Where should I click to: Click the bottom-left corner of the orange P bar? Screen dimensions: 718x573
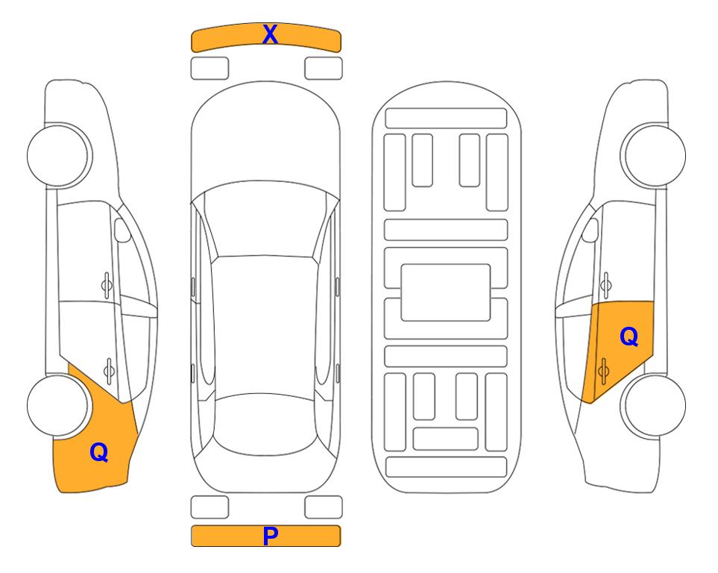tap(192, 546)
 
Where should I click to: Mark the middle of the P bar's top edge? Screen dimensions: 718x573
tap(266, 526)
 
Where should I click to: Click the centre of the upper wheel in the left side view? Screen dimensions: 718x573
tap(58, 156)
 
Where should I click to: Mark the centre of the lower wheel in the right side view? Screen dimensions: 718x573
tap(655, 406)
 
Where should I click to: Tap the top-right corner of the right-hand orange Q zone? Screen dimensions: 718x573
tap(653, 301)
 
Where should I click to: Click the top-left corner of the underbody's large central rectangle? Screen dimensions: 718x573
tap(401, 264)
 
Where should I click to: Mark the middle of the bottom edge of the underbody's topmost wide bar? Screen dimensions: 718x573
tap(446, 128)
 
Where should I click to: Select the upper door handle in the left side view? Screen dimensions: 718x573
tap(107, 286)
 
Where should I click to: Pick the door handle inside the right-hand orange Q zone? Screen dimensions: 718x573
tap(603, 371)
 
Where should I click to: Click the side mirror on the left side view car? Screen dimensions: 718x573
tap(122, 230)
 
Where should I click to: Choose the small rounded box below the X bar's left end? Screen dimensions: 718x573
tap(210, 69)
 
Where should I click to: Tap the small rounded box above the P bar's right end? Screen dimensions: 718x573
tap(324, 507)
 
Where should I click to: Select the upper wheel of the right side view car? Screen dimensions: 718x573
tap(655, 156)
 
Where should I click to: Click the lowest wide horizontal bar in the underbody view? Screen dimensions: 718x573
tap(447, 467)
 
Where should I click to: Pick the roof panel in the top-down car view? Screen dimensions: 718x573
tap(265, 325)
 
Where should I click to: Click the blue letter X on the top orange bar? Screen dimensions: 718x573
tap(270, 34)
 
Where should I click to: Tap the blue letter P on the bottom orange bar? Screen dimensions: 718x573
tap(270, 536)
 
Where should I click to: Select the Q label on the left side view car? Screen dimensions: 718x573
tap(99, 452)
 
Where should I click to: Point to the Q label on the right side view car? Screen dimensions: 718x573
tap(629, 337)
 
